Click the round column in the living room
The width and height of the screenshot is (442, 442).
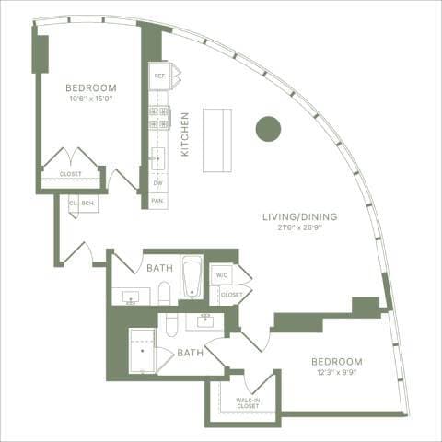tap(268, 129)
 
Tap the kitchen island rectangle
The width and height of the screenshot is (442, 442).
tap(217, 140)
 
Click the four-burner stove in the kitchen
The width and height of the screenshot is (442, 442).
tap(159, 116)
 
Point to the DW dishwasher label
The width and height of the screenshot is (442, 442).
tap(158, 182)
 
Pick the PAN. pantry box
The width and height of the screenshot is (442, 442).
tap(158, 200)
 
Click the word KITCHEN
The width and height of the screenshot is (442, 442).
tap(185, 134)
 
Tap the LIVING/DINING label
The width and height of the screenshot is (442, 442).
tap(300, 217)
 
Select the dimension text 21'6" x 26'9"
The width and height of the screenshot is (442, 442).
tap(300, 228)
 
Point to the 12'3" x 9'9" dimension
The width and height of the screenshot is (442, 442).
tap(336, 372)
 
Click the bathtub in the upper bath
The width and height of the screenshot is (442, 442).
tap(192, 277)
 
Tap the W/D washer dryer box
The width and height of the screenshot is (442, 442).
tap(222, 274)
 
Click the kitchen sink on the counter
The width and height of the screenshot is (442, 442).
tap(157, 157)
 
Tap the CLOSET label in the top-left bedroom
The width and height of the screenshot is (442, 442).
tap(70, 173)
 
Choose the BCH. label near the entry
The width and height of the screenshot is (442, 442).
tap(88, 203)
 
